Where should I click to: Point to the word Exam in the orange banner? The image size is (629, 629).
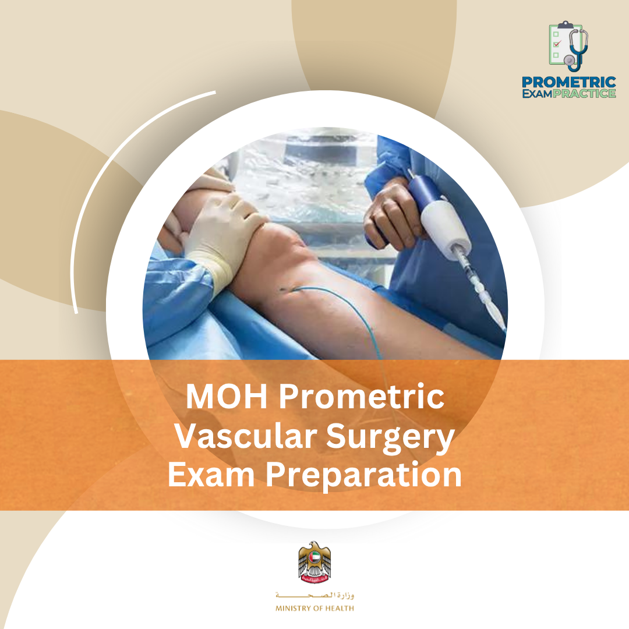[211, 475]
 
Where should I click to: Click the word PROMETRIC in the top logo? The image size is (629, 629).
[569, 82]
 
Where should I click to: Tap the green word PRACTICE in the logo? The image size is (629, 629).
[584, 93]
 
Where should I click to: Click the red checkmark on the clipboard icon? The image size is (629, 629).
[556, 44]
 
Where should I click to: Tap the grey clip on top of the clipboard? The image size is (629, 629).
[563, 24]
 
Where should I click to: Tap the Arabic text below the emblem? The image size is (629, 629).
[314, 596]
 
